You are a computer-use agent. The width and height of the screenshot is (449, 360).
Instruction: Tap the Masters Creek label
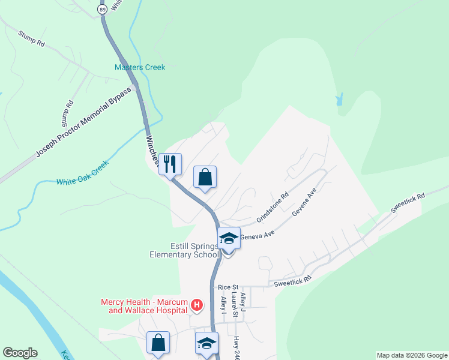pos(140,67)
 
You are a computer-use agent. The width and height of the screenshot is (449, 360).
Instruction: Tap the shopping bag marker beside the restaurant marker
pos(205,178)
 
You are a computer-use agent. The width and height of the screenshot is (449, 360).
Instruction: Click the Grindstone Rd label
pos(273,206)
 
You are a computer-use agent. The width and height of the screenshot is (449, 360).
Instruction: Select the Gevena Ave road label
pos(304,202)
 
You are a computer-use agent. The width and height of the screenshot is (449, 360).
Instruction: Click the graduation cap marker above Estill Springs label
pos(229,238)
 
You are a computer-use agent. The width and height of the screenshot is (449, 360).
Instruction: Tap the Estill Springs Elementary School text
pos(184,250)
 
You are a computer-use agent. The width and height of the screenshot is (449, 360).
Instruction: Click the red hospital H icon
pos(196,306)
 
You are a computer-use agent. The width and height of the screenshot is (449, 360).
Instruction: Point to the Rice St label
pos(229,287)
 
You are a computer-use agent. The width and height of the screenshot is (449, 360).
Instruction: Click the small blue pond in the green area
pos(340,99)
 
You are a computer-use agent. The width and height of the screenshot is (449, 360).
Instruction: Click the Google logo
pos(20,353)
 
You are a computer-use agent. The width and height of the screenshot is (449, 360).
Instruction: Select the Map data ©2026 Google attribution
pos(412,355)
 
